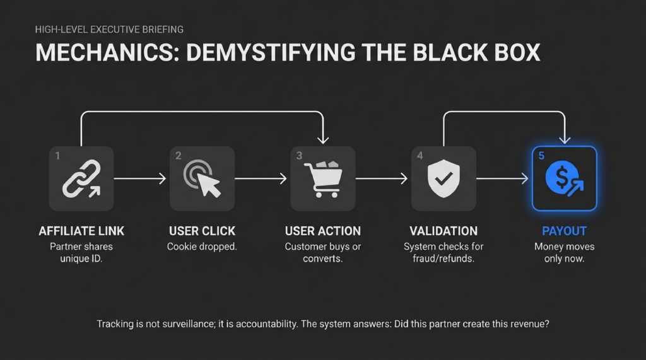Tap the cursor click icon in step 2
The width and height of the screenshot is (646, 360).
tap(203, 178)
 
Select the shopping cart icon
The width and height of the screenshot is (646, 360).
tap(323, 178)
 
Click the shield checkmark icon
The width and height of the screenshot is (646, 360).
tap(443, 178)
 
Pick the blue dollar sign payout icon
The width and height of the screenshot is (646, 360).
tap(563, 178)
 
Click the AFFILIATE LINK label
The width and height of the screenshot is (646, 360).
tap(81, 231)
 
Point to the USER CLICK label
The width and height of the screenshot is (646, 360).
tap(202, 231)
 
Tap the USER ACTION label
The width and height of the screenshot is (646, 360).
tap(323, 231)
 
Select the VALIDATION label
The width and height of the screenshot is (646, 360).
tap(443, 231)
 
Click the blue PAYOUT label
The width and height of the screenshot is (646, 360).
tap(564, 231)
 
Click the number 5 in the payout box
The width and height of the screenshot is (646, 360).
tap(541, 156)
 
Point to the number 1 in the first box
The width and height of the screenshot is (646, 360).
tap(57, 156)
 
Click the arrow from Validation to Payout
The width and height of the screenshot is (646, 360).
tap(502, 179)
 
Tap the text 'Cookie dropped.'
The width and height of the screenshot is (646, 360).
tap(202, 247)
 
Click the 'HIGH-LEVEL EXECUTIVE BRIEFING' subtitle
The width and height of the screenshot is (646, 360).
tap(109, 29)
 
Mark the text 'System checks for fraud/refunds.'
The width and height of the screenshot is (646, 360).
tap(443, 252)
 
